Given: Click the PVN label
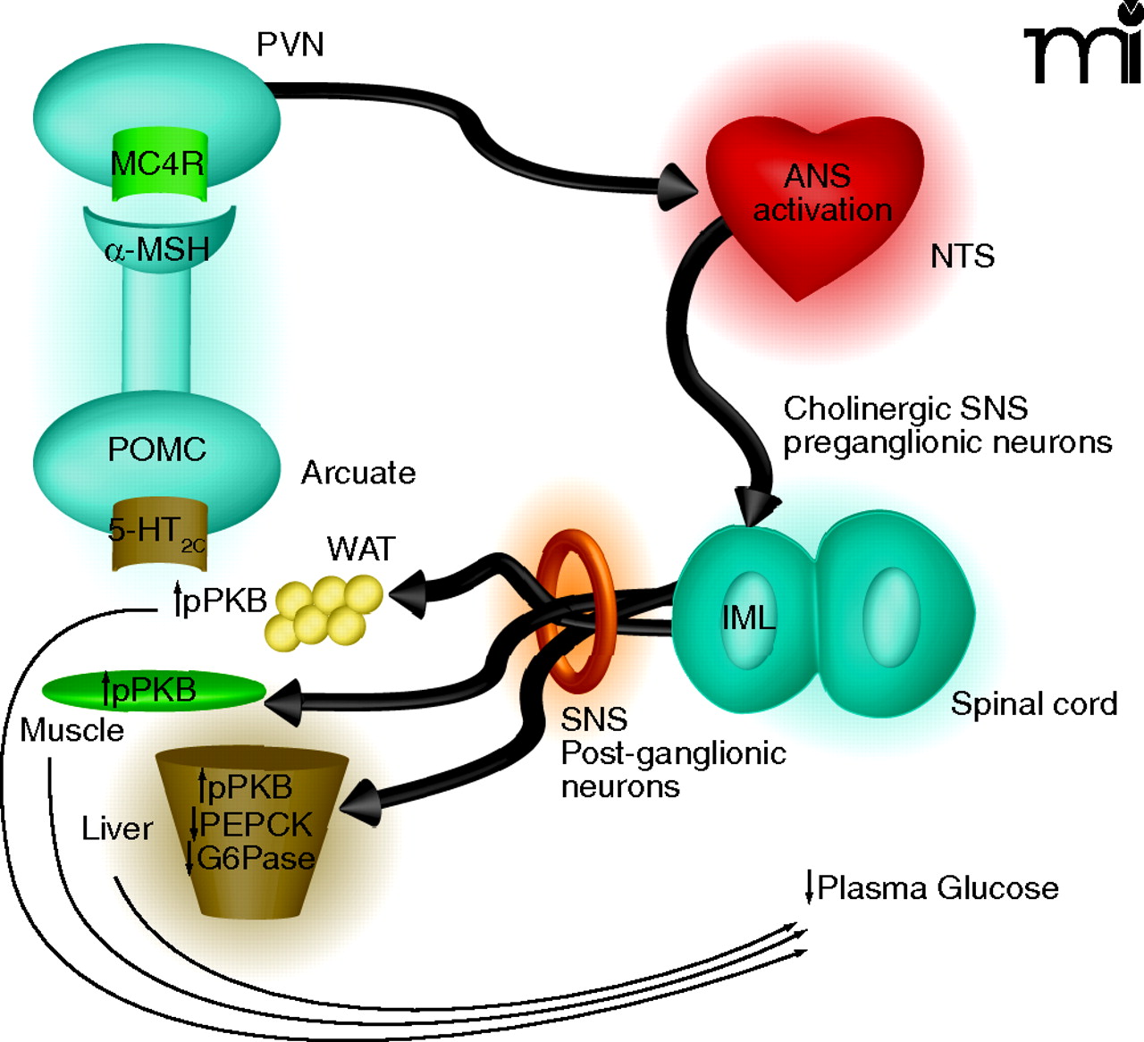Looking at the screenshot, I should [x=290, y=45].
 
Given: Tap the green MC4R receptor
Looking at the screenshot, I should [x=158, y=165].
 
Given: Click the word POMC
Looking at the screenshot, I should [x=156, y=449].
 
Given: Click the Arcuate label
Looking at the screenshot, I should [x=358, y=473].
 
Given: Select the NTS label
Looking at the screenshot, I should [x=962, y=257].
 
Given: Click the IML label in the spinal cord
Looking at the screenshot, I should [x=748, y=618].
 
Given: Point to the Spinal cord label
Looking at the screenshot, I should [x=1033, y=704].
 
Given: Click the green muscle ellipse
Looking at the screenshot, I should [x=154, y=691].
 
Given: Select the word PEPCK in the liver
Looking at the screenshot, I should [x=257, y=824].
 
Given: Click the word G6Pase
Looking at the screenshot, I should [x=256, y=859].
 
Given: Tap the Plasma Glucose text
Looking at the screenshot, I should [x=937, y=888].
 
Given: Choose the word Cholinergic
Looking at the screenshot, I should [x=854, y=409].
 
